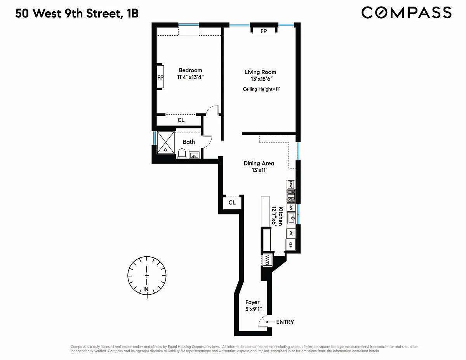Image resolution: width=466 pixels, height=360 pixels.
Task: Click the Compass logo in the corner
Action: (406, 13)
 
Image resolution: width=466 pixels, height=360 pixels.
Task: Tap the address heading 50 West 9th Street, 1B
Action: (77, 14)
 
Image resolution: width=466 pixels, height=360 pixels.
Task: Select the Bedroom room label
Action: (190, 70)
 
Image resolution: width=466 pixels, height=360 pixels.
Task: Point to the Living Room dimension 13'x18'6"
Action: (262, 79)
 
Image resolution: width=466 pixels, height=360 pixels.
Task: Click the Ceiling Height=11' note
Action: (261, 89)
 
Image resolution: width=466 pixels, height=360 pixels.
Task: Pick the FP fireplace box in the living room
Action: (264, 31)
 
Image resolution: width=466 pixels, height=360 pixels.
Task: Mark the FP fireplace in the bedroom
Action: (160, 77)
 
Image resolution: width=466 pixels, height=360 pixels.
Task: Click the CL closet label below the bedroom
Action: (181, 120)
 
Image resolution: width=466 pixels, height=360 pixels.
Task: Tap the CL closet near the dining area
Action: (232, 202)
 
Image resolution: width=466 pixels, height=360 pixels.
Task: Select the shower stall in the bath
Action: (166, 143)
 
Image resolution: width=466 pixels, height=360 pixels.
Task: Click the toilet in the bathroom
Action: (182, 154)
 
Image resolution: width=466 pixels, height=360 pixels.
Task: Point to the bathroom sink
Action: (194, 155)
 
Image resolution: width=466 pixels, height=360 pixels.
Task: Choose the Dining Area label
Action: (259, 163)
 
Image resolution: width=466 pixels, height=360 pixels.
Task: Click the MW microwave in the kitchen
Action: (291, 184)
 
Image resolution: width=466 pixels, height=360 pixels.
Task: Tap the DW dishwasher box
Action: (291, 207)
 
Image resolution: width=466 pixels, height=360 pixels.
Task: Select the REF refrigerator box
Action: (290, 245)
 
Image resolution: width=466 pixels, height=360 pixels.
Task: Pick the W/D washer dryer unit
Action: (267, 260)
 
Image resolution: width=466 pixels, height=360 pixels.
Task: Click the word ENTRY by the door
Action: (285, 322)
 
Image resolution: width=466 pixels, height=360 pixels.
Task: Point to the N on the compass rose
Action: (146, 289)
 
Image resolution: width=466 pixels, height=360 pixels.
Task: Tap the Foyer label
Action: (252, 302)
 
